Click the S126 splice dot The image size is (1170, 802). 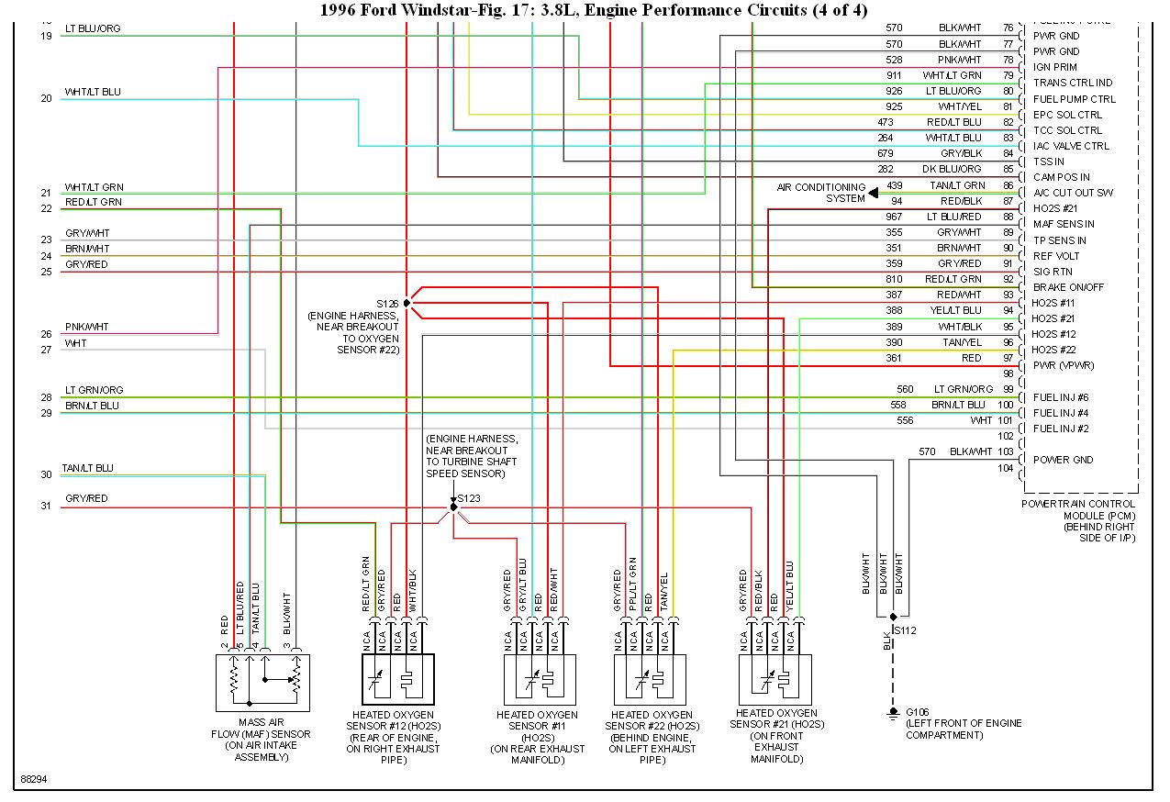pyautogui.click(x=407, y=303)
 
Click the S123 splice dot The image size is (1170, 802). pyautogui.click(x=453, y=507)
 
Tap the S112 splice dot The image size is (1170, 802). pyautogui.click(x=893, y=618)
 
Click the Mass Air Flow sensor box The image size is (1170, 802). pyautogui.click(x=263, y=682)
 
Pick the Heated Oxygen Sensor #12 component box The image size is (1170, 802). pyautogui.click(x=396, y=679)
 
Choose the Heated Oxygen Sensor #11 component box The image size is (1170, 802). pyautogui.click(x=539, y=679)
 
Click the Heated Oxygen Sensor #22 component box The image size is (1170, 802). pyautogui.click(x=651, y=679)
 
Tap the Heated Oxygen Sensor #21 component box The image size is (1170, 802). pyautogui.click(x=775, y=679)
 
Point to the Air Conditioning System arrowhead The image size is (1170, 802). pyautogui.click(x=874, y=194)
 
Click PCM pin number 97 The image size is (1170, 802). pyautogui.click(x=1008, y=358)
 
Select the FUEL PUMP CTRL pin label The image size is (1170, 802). pyautogui.click(x=1075, y=99)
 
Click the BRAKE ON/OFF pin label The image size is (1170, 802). pyautogui.click(x=1068, y=287)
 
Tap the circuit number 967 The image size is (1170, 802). pyautogui.click(x=894, y=217)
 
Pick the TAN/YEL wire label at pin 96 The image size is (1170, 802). pyautogui.click(x=963, y=342)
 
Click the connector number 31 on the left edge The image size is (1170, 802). pyautogui.click(x=46, y=507)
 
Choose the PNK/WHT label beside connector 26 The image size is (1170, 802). pyautogui.click(x=86, y=327)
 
